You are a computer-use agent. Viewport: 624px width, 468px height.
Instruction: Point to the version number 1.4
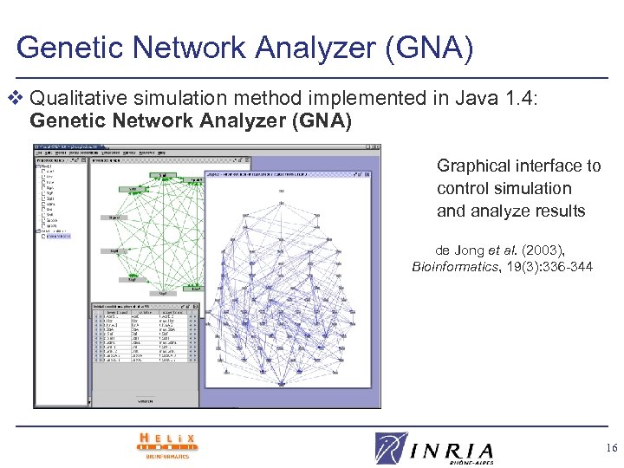pos(523,100)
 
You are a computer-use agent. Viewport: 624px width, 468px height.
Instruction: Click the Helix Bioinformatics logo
pos(167,444)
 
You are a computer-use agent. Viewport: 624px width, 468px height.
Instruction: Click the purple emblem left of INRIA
pos(391,448)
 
